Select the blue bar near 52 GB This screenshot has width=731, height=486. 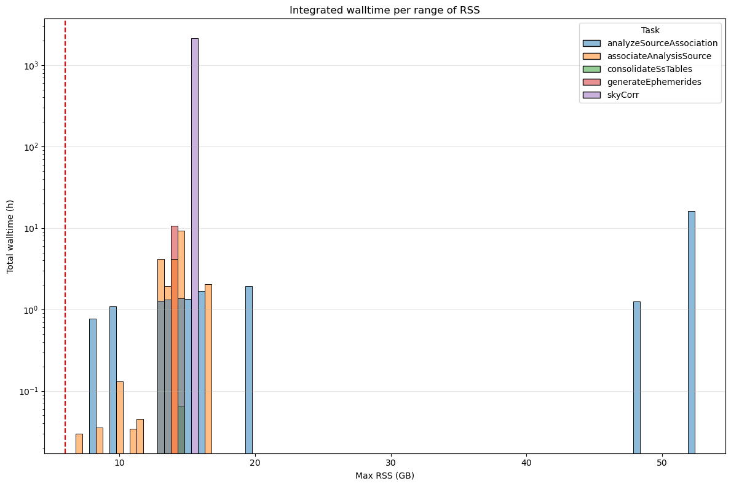pos(691,332)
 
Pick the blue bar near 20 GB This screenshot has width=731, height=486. pos(249,369)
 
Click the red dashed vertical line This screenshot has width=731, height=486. pos(65,246)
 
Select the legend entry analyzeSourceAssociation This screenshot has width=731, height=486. pos(662,43)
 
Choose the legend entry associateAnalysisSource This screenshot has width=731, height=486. pos(658,56)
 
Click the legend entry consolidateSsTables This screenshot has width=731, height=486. pos(649,69)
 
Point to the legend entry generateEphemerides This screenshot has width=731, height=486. pos(654,82)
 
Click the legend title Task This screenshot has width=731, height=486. pos(650,30)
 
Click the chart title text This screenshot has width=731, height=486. pos(384,10)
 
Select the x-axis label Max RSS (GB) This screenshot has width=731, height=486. pos(384,476)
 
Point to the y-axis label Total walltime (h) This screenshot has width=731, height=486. pos(10,237)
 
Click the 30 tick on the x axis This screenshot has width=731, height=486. pos(390,462)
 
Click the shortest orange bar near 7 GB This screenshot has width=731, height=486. pos(79,444)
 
